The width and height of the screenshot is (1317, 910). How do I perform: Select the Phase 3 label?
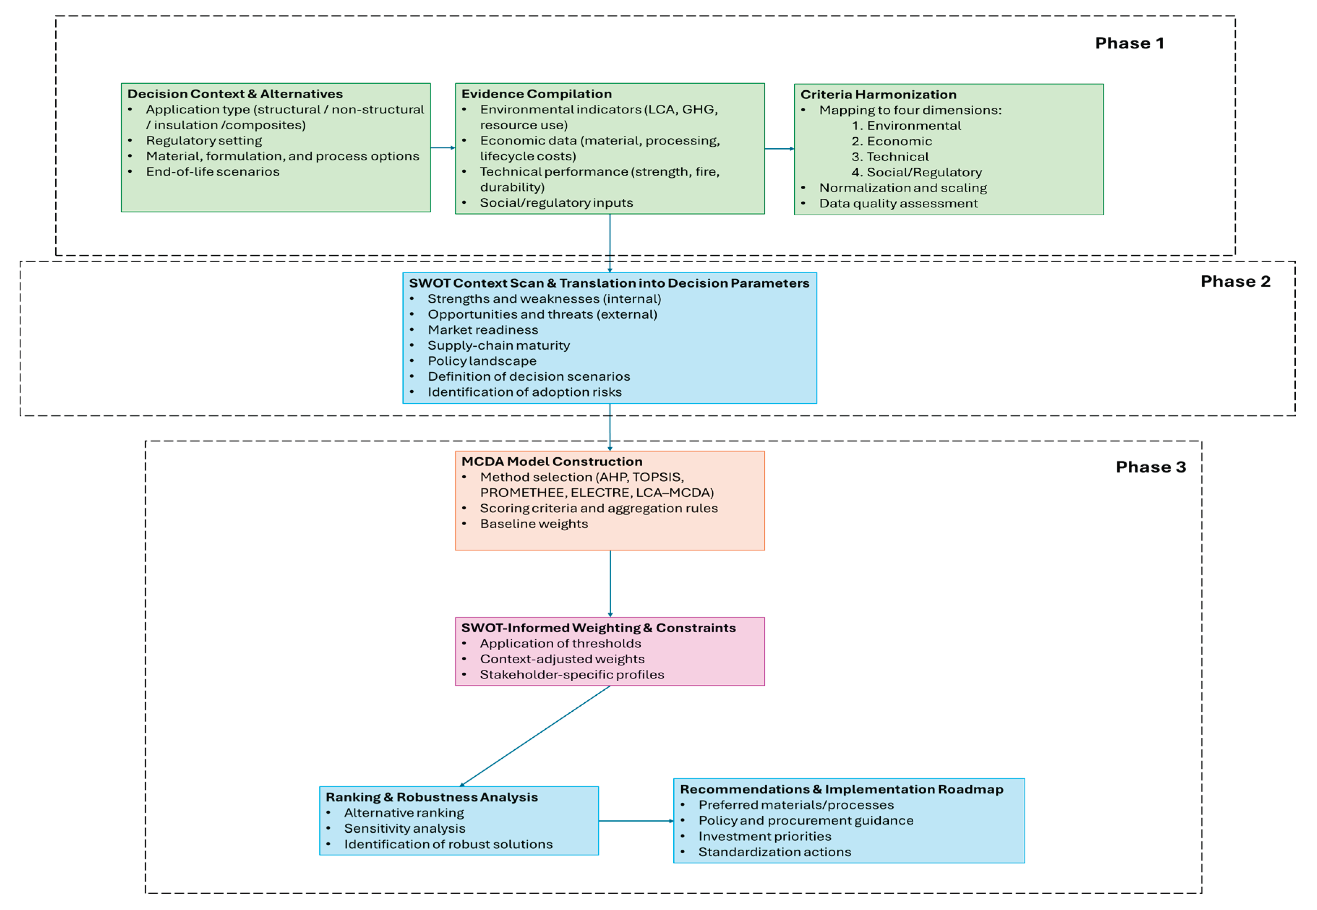(x=1150, y=467)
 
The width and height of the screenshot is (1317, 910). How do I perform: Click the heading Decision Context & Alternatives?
(x=235, y=94)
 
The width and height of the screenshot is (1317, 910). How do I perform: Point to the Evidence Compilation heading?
(x=536, y=94)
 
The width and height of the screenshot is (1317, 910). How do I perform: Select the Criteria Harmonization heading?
(x=878, y=95)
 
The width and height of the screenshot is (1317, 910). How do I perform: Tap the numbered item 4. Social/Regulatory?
(x=916, y=172)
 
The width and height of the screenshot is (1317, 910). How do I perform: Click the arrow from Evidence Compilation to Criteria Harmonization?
(x=779, y=149)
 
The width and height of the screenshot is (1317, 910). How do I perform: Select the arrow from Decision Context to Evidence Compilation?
(x=443, y=148)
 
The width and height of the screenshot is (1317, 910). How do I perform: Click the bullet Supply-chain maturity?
(x=498, y=345)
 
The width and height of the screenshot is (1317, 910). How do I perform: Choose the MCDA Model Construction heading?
(x=552, y=462)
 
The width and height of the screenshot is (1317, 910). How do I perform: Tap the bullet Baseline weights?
(x=533, y=524)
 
